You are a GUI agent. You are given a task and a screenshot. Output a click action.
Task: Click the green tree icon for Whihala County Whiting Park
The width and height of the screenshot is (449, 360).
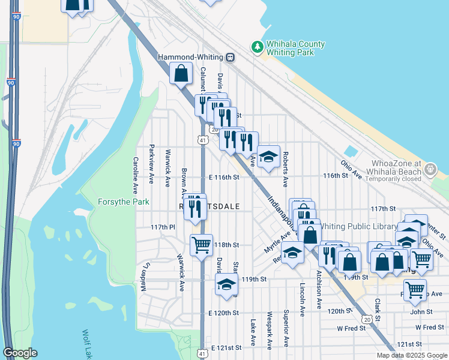click(x=257, y=47)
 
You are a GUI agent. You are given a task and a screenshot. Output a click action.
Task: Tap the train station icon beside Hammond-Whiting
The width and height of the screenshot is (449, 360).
click(x=230, y=57)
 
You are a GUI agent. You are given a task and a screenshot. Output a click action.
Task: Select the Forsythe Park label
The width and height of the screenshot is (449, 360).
click(x=123, y=202)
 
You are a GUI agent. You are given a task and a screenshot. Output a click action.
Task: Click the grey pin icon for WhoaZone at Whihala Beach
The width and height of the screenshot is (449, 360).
click(x=430, y=171)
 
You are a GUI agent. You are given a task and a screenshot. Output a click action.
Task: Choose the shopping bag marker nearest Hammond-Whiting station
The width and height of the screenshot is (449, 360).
click(x=181, y=74)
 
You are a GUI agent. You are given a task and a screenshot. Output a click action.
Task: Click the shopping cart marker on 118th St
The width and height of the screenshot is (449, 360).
click(x=200, y=244)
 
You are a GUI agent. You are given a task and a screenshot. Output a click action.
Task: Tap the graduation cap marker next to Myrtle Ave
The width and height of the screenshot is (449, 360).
click(x=292, y=253)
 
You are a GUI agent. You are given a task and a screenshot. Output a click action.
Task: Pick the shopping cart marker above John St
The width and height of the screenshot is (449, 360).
click(x=414, y=290)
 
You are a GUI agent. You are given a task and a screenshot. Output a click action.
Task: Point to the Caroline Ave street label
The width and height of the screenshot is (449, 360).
click(x=136, y=173)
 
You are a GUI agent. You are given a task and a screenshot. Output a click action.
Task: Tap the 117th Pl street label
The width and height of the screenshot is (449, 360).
click(x=162, y=227)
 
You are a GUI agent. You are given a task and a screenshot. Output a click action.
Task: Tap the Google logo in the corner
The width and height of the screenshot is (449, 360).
click(x=20, y=353)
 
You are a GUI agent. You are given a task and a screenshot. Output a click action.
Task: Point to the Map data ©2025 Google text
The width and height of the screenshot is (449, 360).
click(x=411, y=355)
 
